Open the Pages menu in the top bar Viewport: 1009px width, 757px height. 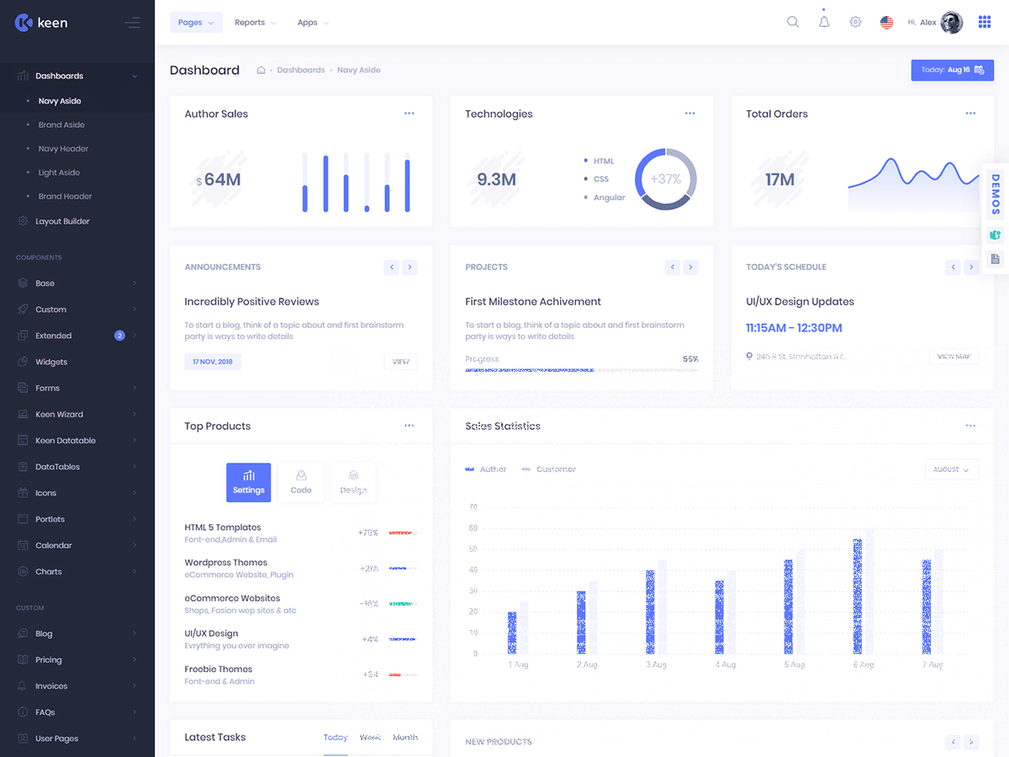pyautogui.click(x=196, y=23)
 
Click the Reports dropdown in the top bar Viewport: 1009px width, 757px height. pyautogui.click(x=255, y=23)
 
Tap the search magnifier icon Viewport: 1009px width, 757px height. pyautogui.click(x=793, y=22)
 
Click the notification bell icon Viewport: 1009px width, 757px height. pyautogui.click(x=824, y=22)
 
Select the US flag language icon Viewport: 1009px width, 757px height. pyautogui.click(x=886, y=23)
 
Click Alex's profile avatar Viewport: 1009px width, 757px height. pyautogui.click(x=952, y=23)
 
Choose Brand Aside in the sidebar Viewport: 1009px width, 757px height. pyautogui.click(x=61, y=124)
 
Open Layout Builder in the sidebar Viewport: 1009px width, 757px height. pyautogui.click(x=62, y=221)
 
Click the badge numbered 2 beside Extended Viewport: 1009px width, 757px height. pyautogui.click(x=119, y=336)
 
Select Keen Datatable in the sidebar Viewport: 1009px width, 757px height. pyautogui.click(x=66, y=441)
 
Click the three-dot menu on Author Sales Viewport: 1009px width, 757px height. pyautogui.click(x=409, y=114)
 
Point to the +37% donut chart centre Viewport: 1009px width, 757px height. pyautogui.click(x=665, y=179)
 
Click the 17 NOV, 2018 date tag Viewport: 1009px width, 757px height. pyautogui.click(x=213, y=362)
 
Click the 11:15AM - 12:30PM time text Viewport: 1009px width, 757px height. pyautogui.click(x=794, y=328)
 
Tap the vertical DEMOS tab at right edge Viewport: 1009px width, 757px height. pyautogui.click(x=996, y=195)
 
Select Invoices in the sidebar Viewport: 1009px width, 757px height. pyautogui.click(x=51, y=686)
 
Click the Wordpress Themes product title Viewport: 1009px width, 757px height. pyautogui.click(x=226, y=563)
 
